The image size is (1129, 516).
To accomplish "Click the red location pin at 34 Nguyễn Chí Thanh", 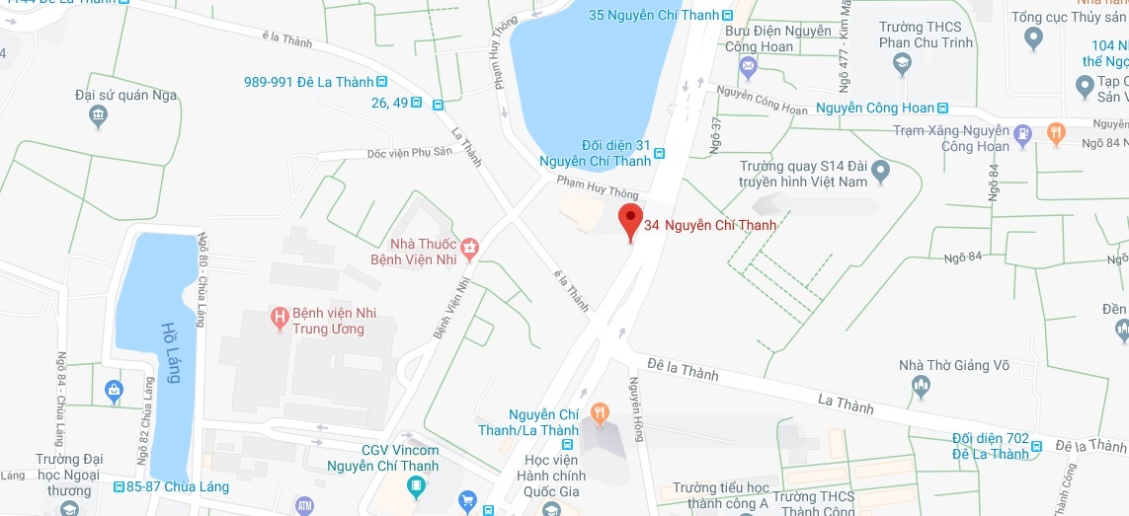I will (x=630, y=221).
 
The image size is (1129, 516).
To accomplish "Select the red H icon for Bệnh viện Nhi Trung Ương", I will (x=281, y=317).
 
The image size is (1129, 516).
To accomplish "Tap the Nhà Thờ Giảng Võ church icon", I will (x=922, y=387).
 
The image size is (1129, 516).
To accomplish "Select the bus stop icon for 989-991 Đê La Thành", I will (x=381, y=82).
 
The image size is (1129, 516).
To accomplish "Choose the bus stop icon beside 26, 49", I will (x=437, y=103).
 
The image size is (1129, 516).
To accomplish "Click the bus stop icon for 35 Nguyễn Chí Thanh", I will (x=728, y=15).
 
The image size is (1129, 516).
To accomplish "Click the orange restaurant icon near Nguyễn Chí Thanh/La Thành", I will (x=599, y=410).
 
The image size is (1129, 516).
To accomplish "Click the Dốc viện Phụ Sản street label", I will (x=407, y=154).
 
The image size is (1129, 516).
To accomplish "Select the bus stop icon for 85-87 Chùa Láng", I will (x=119, y=486).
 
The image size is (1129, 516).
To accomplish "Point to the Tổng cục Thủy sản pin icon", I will (x=1034, y=38).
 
